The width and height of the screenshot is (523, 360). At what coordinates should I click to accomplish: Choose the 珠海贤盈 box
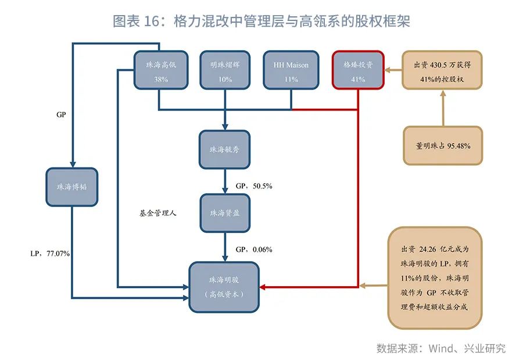[x=224, y=213]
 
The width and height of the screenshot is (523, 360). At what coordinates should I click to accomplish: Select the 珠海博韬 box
[x=72, y=187]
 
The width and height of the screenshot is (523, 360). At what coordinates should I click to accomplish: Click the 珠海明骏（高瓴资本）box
[x=224, y=287]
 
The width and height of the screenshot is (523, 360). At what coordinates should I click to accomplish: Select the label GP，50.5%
[x=254, y=186]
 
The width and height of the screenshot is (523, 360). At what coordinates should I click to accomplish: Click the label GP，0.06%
[x=254, y=249]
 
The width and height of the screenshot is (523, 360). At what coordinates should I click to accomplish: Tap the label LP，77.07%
[x=50, y=254]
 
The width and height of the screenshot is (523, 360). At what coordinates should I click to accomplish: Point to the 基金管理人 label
[x=157, y=213]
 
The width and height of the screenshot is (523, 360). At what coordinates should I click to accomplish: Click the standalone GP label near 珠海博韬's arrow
[x=61, y=115]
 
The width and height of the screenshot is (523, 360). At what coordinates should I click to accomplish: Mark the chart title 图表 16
[x=261, y=22]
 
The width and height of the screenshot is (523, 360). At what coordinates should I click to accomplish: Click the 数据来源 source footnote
[x=440, y=348]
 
